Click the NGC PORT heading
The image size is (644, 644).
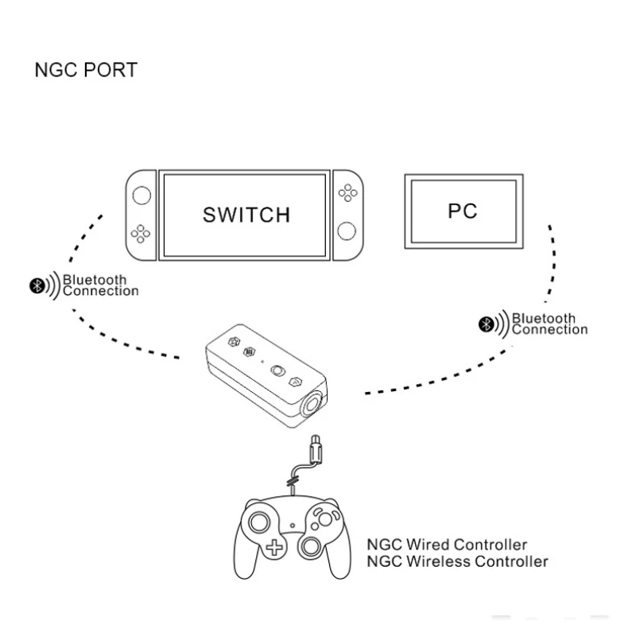tap(85, 70)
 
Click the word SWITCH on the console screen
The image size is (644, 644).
tap(246, 214)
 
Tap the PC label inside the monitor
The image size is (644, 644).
tap(462, 211)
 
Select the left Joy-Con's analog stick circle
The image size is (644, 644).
tap(141, 194)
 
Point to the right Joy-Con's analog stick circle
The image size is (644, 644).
tap(347, 231)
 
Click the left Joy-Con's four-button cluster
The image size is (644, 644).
tap(141, 233)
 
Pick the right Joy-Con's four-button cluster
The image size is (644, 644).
tap(347, 192)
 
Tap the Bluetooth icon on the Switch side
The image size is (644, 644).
tap(36, 285)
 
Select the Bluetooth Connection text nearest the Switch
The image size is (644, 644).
tap(100, 285)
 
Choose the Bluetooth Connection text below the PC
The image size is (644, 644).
tap(549, 324)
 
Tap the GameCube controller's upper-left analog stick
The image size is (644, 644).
tap(260, 522)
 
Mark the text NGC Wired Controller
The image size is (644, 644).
tap(446, 545)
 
